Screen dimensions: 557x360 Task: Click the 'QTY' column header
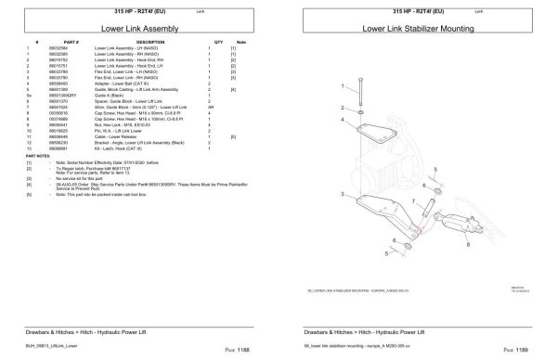pos(219,43)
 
